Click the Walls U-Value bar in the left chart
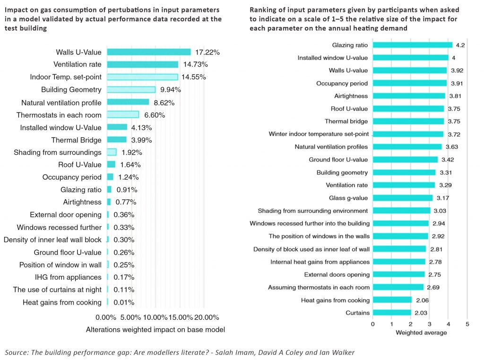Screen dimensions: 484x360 149,52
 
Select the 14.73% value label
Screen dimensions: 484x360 195,64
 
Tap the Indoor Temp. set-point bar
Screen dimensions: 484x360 143,77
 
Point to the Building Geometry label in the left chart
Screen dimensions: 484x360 71,89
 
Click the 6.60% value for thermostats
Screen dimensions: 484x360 155,115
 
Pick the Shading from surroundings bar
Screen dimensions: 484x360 112,152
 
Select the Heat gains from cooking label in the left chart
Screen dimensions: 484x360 62,302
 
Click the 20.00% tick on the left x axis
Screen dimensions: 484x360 207,317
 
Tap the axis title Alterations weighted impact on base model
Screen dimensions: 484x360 155,330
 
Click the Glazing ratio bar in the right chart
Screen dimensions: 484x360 412,45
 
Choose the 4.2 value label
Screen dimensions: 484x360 460,45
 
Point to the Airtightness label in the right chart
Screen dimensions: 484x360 351,96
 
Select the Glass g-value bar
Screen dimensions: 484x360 403,198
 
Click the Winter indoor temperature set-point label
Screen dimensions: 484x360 319,134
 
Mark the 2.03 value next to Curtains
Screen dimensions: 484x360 421,313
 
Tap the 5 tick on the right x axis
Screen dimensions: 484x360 467,324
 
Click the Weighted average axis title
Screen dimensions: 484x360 421,333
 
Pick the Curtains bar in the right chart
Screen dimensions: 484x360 392,313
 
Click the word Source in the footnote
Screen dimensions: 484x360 16,352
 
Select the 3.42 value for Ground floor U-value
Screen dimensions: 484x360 448,160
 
